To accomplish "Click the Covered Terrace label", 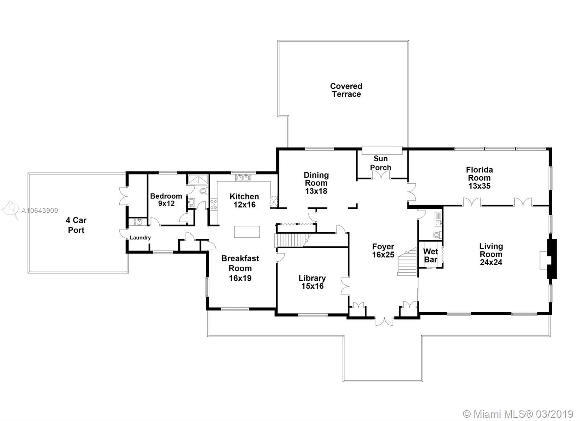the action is [346, 90].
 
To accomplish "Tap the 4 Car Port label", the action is [76, 225].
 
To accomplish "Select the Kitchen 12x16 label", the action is [244, 201].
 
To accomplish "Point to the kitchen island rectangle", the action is [247, 232].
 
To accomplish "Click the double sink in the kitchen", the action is [243, 178].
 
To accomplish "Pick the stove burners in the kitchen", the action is [214, 204].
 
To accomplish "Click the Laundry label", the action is [140, 238].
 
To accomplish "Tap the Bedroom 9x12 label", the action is [166, 200].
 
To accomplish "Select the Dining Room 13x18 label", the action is [316, 183].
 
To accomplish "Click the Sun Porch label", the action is [380, 163].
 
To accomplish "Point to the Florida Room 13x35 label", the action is [479, 178].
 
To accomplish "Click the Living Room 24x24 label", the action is [491, 254].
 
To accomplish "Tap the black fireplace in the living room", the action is [551, 259].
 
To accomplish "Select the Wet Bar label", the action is [430, 255].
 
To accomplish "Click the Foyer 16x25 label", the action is [383, 250].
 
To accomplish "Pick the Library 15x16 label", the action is [312, 282].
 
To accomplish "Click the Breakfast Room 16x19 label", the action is [240, 268].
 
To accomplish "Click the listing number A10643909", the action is [40, 210].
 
